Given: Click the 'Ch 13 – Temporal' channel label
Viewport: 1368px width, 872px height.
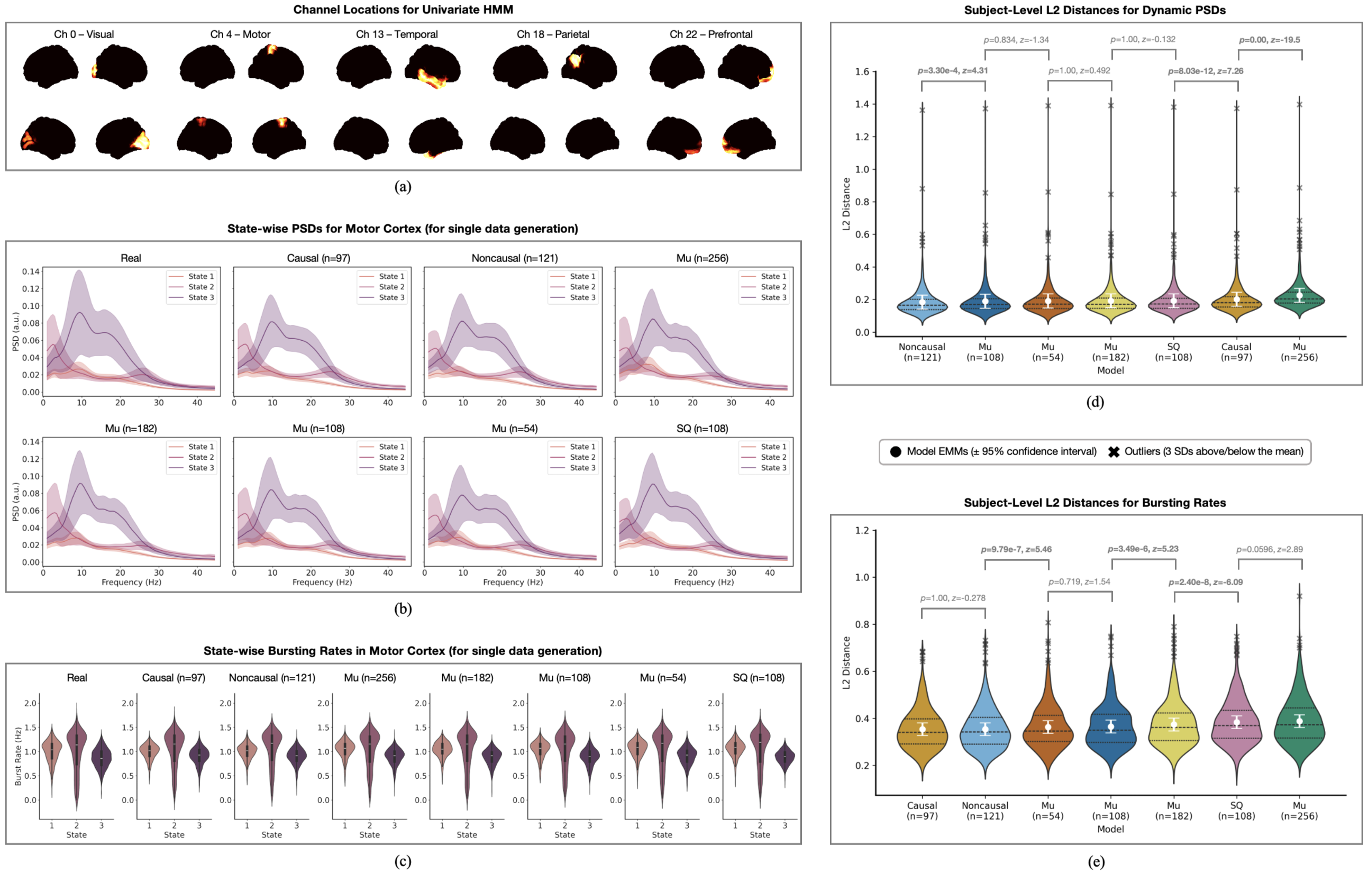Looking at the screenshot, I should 397,34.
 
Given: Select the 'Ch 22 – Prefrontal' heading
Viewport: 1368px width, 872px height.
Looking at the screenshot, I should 710,34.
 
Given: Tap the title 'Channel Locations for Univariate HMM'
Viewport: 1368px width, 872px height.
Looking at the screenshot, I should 403,10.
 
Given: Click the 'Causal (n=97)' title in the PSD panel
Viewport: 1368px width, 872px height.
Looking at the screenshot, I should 318,258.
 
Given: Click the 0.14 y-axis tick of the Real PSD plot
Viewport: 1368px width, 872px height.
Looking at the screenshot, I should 31,271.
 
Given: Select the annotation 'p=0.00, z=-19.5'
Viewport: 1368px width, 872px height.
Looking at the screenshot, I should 1269,40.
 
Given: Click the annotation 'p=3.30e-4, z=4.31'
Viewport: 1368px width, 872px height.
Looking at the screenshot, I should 952,70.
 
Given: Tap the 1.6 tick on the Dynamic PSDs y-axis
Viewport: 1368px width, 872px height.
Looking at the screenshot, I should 862,71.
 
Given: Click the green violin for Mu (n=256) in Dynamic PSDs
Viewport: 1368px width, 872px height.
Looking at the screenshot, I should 1299,301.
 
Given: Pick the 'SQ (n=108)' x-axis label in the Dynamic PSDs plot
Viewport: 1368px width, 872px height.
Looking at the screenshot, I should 1173,352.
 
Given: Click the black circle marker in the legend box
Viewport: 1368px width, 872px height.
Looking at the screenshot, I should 896,452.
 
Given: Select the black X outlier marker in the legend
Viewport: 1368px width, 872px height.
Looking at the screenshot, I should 1114,452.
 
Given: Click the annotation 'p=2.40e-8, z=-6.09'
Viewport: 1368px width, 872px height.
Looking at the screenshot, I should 1205,582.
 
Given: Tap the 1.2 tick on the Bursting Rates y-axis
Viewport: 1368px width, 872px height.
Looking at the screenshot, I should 862,530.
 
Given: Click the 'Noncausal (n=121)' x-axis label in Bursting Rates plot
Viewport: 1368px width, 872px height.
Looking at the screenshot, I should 984,811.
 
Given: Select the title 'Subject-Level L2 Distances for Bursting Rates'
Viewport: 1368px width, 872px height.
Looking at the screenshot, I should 1095,503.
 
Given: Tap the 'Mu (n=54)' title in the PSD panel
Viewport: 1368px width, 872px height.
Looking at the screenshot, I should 514,429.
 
